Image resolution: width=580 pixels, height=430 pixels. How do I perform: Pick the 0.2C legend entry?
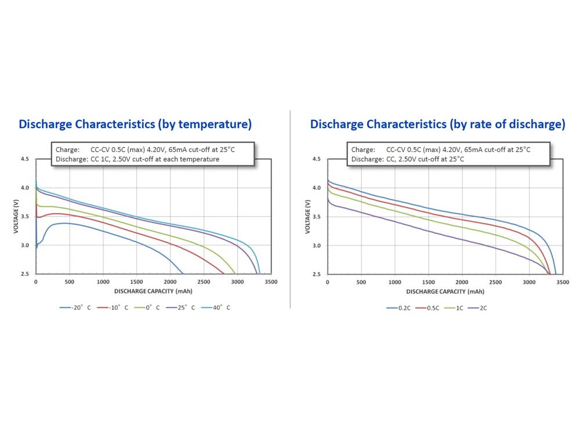399,308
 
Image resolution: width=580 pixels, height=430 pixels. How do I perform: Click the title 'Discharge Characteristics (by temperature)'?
135,124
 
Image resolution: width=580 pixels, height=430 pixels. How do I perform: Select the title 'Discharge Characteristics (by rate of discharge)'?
437,124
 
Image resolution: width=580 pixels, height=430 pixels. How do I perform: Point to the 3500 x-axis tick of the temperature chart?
269,282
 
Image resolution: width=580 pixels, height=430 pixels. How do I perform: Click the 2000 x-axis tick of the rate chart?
462,282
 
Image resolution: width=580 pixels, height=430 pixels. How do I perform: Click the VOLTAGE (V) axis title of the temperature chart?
16,216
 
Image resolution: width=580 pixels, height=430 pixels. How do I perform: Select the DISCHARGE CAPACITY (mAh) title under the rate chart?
445,291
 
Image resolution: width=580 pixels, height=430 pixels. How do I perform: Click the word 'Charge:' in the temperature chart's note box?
67,149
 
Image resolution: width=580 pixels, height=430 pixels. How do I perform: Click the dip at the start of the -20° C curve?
37,247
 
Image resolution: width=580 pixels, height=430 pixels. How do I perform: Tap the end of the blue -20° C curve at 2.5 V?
183,273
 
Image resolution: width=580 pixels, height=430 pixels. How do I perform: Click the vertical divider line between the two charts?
290,209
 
